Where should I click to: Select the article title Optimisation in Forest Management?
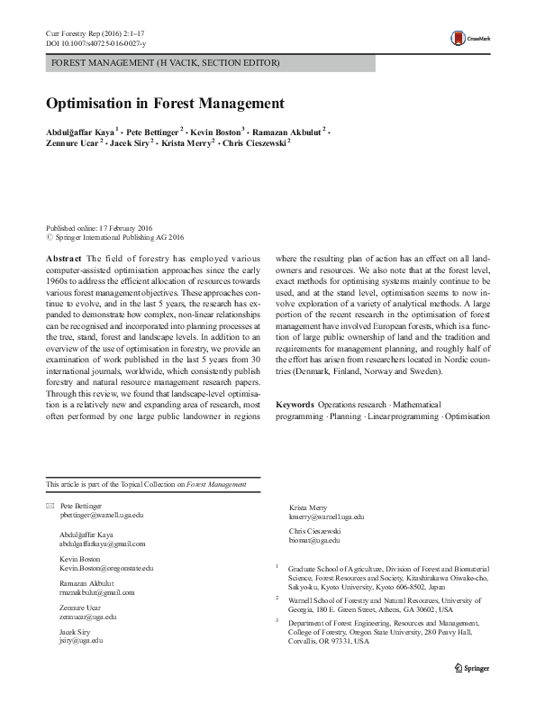click(166, 103)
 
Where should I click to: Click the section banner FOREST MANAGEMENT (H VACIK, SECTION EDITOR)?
click(166, 63)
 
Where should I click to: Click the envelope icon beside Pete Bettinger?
click(50, 507)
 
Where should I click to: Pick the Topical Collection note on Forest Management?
click(146, 484)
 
